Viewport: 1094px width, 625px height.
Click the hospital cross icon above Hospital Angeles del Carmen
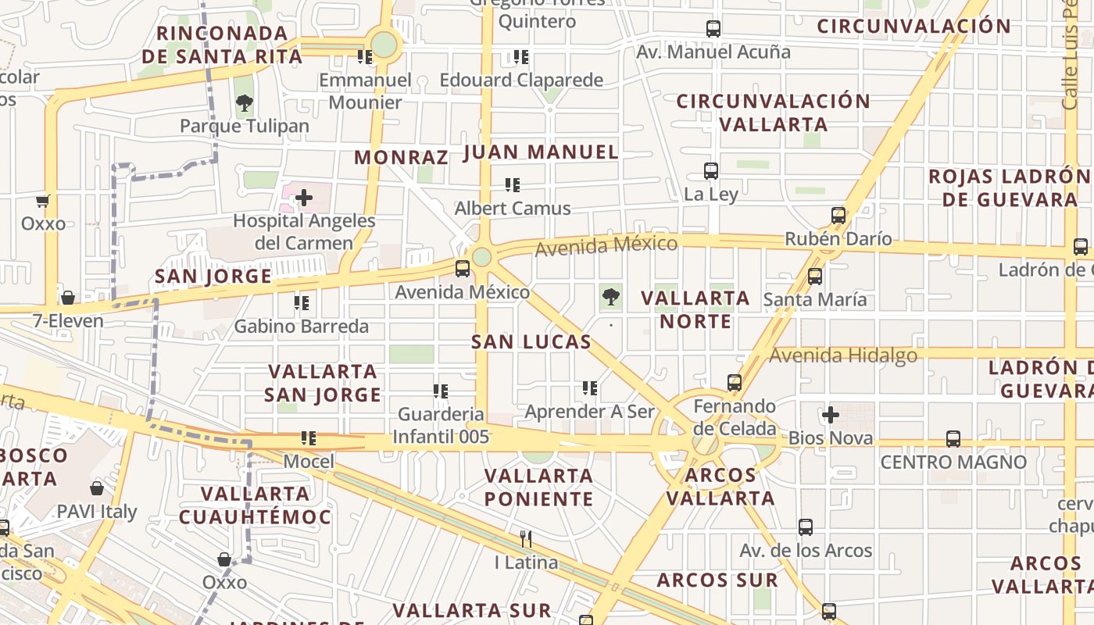pos(304,198)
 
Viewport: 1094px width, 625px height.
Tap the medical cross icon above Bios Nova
pos(831,414)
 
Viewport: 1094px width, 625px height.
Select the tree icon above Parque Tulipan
pos(245,102)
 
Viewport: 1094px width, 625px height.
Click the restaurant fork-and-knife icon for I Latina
pos(526,538)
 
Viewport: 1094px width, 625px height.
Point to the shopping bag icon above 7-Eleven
pos(68,298)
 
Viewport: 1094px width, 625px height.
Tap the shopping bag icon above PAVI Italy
pos(97,488)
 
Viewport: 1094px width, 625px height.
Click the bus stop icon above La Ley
pos(711,170)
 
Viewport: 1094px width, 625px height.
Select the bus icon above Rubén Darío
pos(838,215)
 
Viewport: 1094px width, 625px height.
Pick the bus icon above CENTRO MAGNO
pos(953,438)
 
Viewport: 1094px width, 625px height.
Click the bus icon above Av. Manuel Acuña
pos(713,29)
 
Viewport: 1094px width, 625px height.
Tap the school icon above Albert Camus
pos(513,185)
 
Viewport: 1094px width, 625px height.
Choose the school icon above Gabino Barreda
pos(302,302)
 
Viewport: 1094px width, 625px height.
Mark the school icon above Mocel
pos(309,438)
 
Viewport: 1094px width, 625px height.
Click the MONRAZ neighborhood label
pos(401,157)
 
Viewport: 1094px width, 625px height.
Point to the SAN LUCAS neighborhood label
pos(531,341)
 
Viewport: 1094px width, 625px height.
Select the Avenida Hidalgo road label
pos(843,355)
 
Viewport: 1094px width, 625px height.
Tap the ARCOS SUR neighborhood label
pos(717,580)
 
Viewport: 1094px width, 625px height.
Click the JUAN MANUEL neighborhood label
pos(541,152)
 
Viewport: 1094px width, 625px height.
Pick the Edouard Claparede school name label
pos(521,80)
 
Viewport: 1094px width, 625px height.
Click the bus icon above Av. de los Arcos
pos(806,527)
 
